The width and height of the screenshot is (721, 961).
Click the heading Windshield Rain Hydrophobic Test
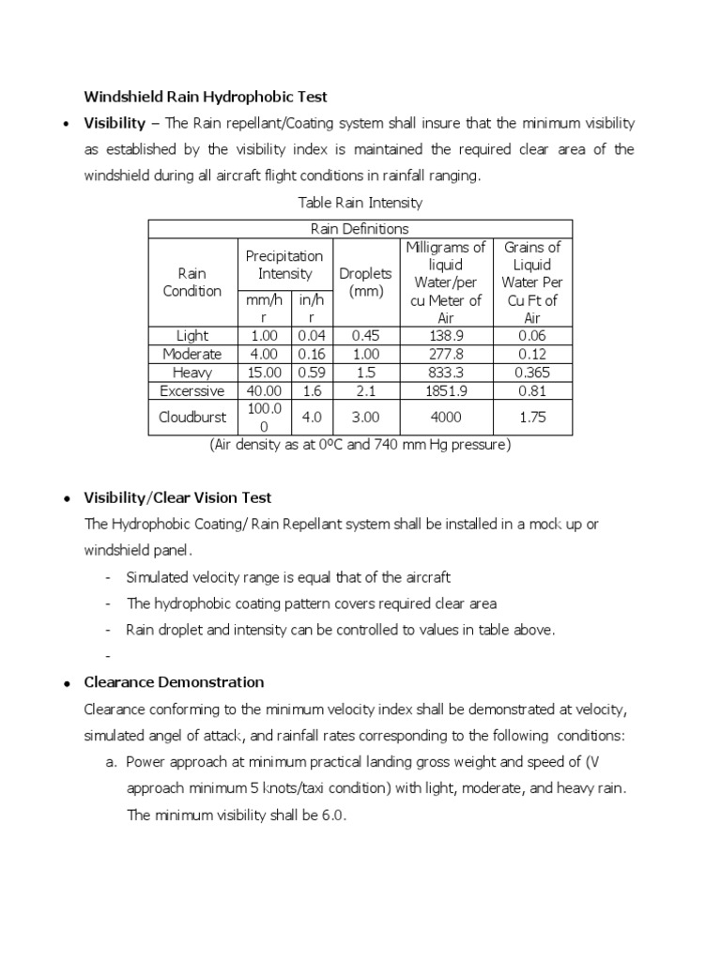(x=205, y=96)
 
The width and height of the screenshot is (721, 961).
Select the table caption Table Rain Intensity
(x=360, y=203)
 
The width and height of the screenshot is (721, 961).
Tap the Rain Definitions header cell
(x=360, y=228)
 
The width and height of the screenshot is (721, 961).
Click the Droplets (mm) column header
(x=365, y=282)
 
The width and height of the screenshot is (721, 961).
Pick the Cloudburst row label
(x=192, y=417)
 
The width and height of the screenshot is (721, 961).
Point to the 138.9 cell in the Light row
(x=446, y=335)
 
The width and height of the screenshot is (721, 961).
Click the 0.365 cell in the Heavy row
(x=532, y=372)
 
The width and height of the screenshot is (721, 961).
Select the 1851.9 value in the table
(x=446, y=390)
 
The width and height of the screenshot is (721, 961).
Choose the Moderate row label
(x=192, y=354)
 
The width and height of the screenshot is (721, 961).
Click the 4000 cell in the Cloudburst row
(x=446, y=417)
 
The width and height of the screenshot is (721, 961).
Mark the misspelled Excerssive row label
(x=192, y=390)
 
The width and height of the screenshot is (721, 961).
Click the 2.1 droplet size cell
(x=365, y=390)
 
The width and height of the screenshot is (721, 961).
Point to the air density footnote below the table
(x=360, y=445)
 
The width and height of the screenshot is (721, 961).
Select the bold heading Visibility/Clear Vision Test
(x=177, y=497)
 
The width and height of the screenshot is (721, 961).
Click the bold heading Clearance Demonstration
(x=174, y=682)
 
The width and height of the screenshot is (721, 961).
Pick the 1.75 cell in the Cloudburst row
(x=532, y=417)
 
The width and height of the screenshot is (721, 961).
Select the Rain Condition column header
(x=192, y=282)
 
